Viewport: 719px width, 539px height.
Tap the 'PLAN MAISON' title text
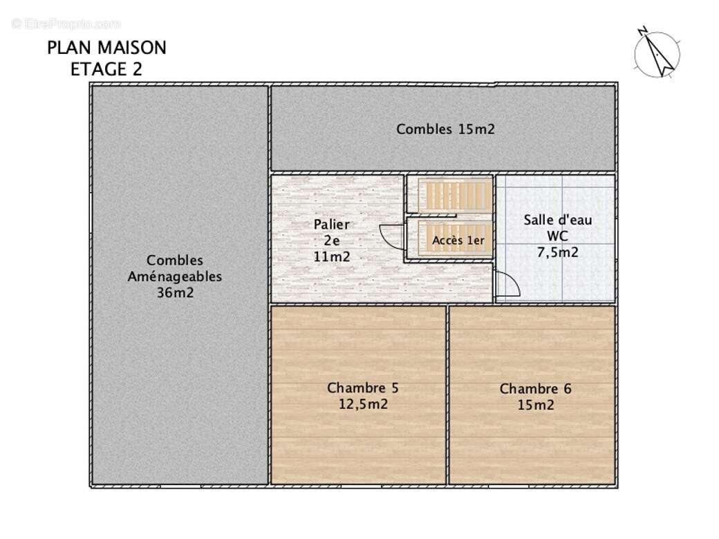(x=106, y=48)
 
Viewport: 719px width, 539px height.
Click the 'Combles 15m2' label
(x=445, y=129)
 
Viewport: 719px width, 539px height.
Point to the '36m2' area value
(x=176, y=292)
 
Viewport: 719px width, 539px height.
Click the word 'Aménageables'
(x=175, y=276)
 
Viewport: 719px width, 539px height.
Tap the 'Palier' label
(x=331, y=224)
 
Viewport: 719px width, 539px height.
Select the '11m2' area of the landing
(x=332, y=256)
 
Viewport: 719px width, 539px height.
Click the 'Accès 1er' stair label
(x=458, y=240)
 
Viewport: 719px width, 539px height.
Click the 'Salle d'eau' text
(x=557, y=220)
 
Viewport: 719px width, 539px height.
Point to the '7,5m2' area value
(x=558, y=252)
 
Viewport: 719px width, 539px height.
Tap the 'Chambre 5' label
(x=363, y=388)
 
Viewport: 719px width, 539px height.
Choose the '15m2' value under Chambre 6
(x=536, y=406)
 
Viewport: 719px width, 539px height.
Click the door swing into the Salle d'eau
(x=505, y=285)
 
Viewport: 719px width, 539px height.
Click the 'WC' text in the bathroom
(x=557, y=236)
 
